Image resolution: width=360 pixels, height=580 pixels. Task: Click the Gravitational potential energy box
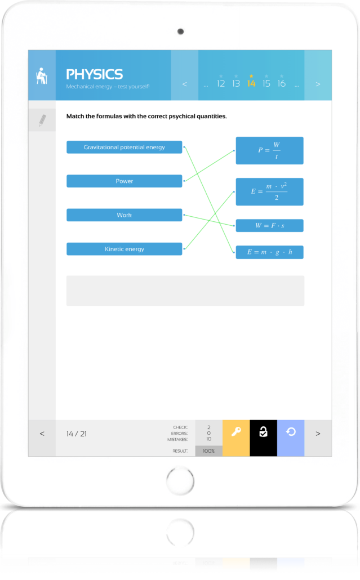[124, 147]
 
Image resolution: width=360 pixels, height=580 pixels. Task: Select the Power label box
[124, 181]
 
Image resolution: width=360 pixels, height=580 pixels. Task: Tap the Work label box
[124, 215]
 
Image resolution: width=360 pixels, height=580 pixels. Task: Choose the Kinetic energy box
[124, 249]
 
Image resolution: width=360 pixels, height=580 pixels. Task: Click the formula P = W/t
[269, 150]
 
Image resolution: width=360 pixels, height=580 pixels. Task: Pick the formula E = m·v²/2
[269, 191]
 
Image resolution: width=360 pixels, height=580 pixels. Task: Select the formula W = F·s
[269, 226]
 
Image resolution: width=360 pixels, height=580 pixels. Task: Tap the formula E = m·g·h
[269, 252]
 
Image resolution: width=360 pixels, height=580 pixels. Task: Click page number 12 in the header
[221, 83]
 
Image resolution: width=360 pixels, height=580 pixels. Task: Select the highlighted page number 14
[251, 83]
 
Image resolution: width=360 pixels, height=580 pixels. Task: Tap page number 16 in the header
[281, 83]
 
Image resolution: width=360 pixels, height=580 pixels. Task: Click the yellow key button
[236, 432]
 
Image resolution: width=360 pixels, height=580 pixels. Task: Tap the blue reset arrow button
[291, 432]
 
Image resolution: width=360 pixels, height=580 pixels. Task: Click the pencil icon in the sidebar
[42, 120]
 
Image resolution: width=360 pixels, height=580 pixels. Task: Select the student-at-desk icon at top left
[42, 75]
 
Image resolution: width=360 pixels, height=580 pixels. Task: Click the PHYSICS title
[94, 74]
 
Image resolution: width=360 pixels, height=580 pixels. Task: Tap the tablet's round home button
[180, 481]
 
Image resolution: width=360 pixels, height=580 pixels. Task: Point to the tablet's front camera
[180, 31]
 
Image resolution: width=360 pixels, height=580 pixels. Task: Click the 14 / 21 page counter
[77, 434]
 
